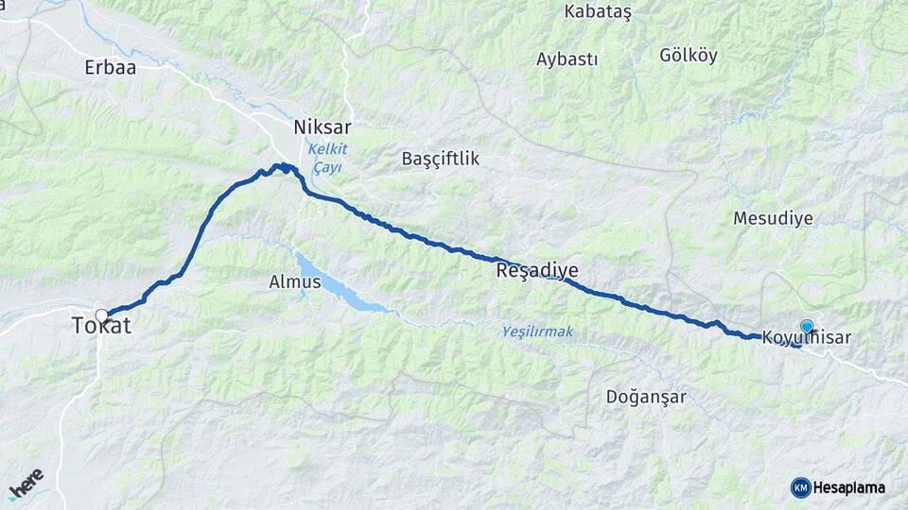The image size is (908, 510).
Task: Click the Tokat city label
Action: pos(101,327)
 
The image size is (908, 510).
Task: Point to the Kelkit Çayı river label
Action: pos(326,158)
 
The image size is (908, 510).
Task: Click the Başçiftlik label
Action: pos(440,159)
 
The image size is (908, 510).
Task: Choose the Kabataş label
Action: pos(597,11)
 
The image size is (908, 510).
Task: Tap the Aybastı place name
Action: pos(567,59)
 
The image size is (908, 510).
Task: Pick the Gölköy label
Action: pos(688,55)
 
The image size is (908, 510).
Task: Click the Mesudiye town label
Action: pos(773,218)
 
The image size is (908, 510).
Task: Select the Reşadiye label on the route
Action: pos(536,271)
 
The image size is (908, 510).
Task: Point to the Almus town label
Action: pos(295,281)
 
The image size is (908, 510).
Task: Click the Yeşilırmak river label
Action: pos(537,331)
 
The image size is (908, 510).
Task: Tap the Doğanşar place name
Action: pos(646,397)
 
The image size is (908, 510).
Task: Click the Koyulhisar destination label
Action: pos(806,338)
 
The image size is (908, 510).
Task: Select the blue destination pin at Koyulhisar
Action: pos(807,326)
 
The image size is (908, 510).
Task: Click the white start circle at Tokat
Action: pos(101,315)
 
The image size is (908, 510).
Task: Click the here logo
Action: pos(26,483)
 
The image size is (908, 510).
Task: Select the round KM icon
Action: pos(800,487)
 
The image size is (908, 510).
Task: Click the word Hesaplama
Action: pos(848,488)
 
